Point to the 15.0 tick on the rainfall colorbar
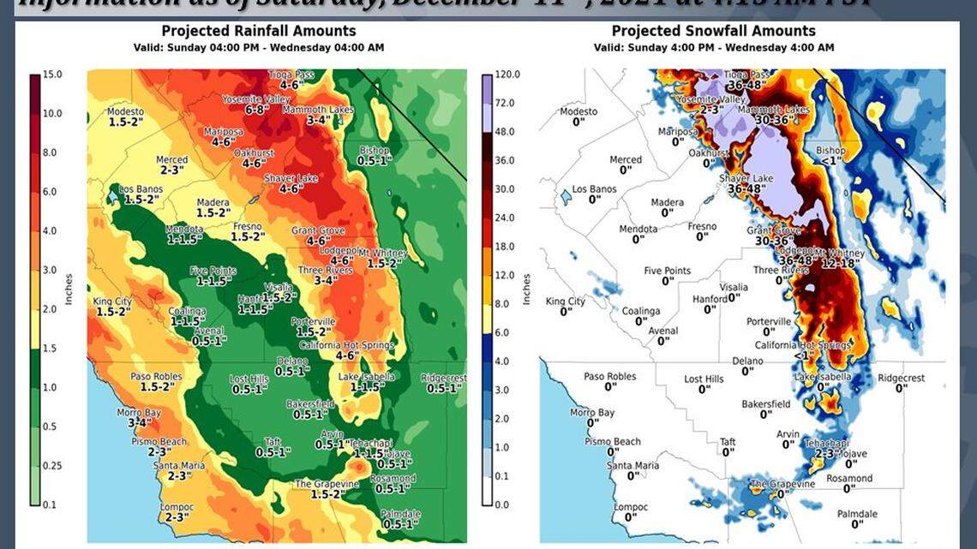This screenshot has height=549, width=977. click(53, 75)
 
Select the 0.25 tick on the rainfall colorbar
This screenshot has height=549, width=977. click(53, 465)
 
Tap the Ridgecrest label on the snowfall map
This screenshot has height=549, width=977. click(901, 378)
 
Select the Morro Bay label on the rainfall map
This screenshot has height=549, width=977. click(139, 413)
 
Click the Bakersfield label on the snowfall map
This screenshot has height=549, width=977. click(765, 403)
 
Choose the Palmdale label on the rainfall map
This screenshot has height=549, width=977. click(400, 514)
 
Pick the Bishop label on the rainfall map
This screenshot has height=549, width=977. click(374, 151)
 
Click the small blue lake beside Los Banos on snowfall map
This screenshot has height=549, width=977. click(563, 197)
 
